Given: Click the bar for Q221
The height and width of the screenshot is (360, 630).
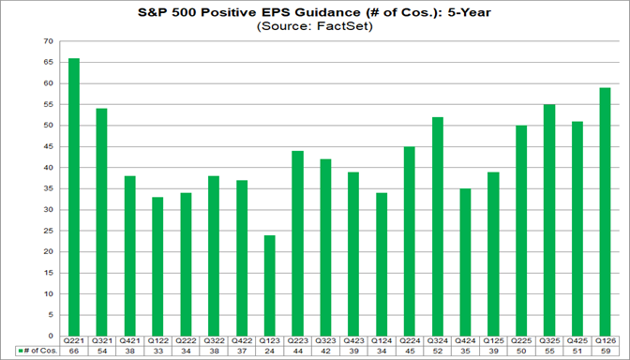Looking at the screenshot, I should click(x=74, y=196).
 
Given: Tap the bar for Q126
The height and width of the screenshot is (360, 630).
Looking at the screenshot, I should click(x=604, y=211).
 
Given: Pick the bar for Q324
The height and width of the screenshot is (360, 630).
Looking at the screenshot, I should click(x=437, y=226).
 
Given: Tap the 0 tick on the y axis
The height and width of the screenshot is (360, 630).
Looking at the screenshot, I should click(x=52, y=336).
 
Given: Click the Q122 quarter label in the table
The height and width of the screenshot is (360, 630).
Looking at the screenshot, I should click(x=158, y=343).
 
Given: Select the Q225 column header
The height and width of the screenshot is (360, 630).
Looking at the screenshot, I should click(x=520, y=343).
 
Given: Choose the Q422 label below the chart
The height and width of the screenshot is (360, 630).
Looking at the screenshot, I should click(x=242, y=343).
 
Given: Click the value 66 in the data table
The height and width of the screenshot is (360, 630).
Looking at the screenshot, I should click(x=74, y=353).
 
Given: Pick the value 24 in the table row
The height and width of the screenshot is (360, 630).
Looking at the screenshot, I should click(x=270, y=353).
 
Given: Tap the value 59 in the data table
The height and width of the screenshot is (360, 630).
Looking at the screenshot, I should click(x=604, y=353).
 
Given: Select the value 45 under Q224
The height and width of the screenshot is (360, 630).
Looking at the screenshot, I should click(x=409, y=353).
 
